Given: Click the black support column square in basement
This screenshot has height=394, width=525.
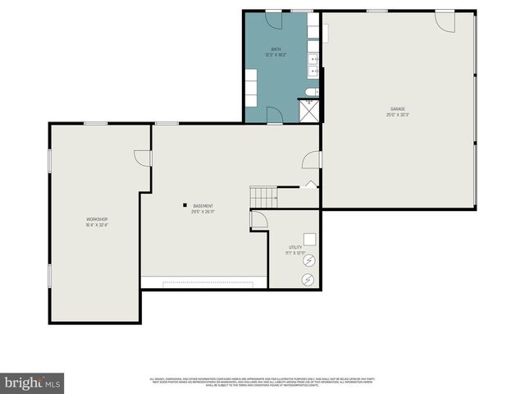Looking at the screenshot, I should (x=185, y=205).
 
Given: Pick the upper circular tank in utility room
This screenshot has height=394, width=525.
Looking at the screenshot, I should (x=309, y=261).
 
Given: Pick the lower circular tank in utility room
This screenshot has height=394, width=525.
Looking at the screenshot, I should (x=308, y=280).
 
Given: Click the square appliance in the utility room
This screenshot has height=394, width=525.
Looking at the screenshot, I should (x=309, y=241).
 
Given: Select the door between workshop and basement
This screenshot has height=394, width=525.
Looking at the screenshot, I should (x=144, y=157).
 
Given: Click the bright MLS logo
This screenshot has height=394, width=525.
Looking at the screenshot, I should (x=33, y=383).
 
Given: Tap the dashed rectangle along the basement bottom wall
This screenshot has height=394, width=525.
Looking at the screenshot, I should (x=211, y=284).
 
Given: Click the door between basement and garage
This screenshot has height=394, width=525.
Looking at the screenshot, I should (x=312, y=160).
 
